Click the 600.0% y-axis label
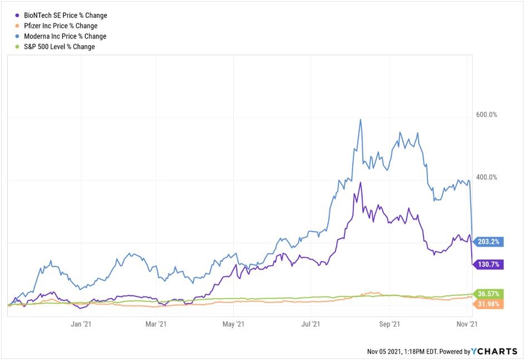485,114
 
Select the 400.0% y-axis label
485,177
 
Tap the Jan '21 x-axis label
81,324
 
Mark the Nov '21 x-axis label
465,324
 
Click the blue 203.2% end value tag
489,242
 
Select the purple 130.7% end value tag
489,265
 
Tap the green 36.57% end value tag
489,294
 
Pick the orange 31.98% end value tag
489,304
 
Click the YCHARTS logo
495,352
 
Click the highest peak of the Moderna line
360,119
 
